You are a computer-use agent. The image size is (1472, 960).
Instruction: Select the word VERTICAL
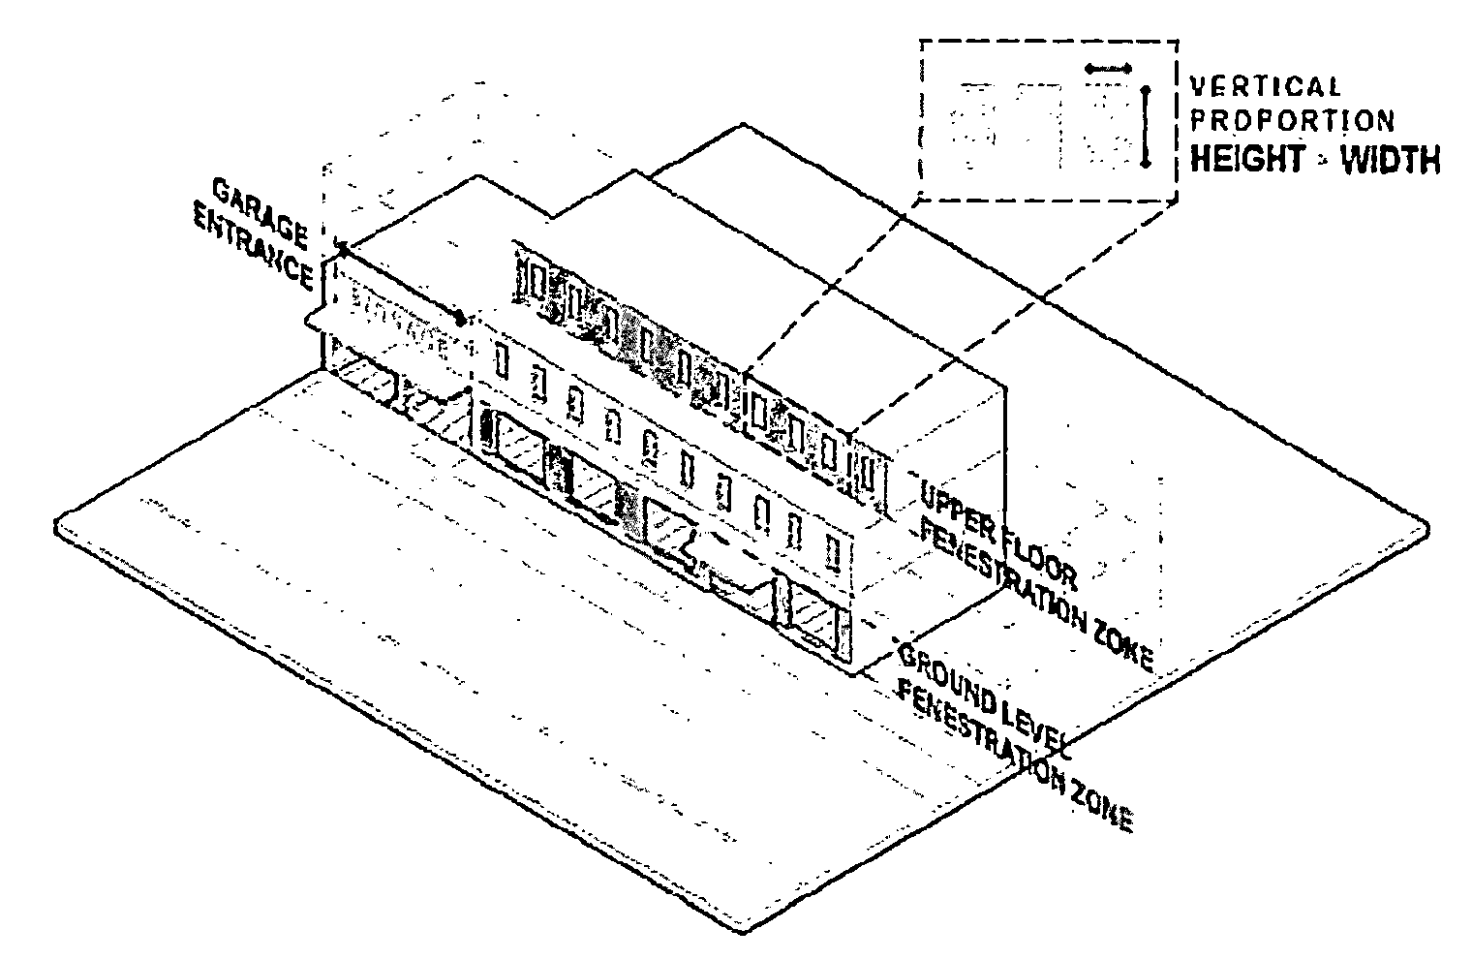point(1265,87)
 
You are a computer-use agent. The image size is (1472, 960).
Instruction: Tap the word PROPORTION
point(1292,122)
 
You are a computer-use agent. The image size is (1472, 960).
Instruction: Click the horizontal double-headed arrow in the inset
point(1108,69)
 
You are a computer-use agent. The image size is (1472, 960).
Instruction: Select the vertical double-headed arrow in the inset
point(1146,127)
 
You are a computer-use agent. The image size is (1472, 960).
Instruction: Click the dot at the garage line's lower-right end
point(461,317)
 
